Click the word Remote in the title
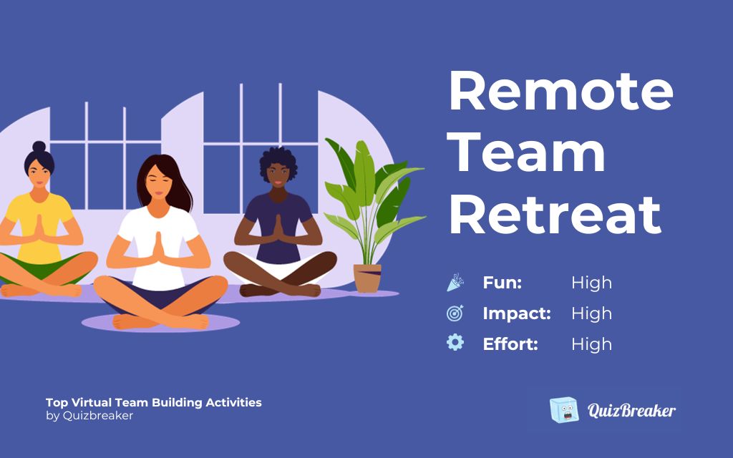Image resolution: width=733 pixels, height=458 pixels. (x=560, y=92)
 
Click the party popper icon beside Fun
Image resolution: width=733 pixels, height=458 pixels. (x=455, y=283)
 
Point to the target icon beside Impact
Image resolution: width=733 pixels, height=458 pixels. (x=455, y=313)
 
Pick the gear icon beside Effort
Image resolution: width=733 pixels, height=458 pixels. (x=455, y=343)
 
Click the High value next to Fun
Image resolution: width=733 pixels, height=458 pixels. (x=591, y=283)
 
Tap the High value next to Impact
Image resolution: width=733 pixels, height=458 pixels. (x=591, y=313)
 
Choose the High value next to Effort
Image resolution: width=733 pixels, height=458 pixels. (x=591, y=344)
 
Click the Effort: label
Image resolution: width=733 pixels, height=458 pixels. (x=510, y=344)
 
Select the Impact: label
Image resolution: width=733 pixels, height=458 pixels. (x=517, y=313)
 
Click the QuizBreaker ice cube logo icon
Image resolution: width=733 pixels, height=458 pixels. (x=564, y=410)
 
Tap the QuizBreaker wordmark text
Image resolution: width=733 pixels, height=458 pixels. (x=631, y=411)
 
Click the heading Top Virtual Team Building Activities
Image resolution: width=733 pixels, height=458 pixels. (x=153, y=402)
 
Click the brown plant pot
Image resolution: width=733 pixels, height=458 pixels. (x=367, y=278)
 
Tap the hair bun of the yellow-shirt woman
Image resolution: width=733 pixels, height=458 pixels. (x=39, y=147)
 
